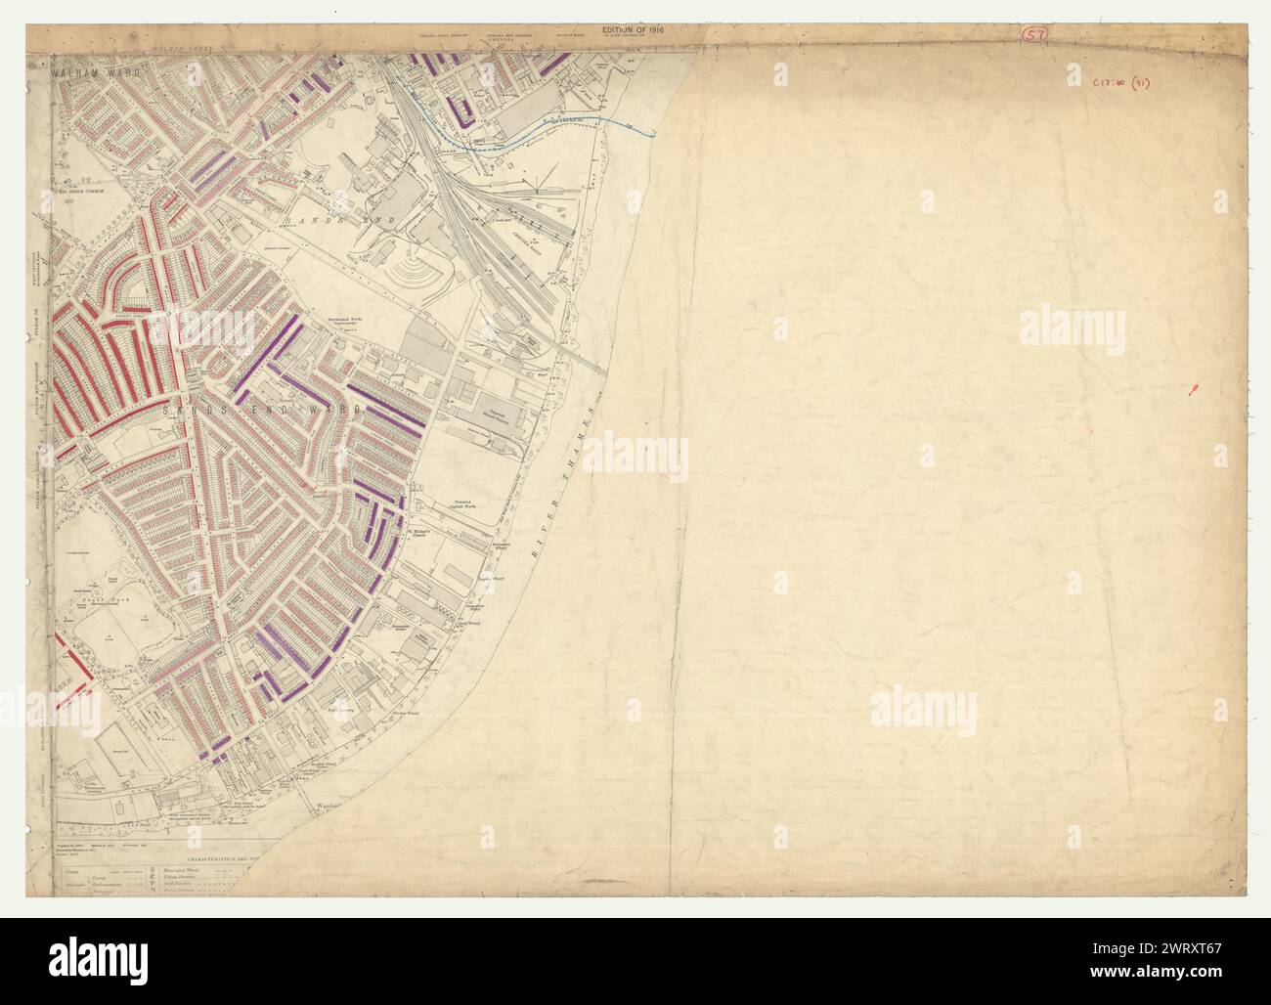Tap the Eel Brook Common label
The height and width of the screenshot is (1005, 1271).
[108, 193]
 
